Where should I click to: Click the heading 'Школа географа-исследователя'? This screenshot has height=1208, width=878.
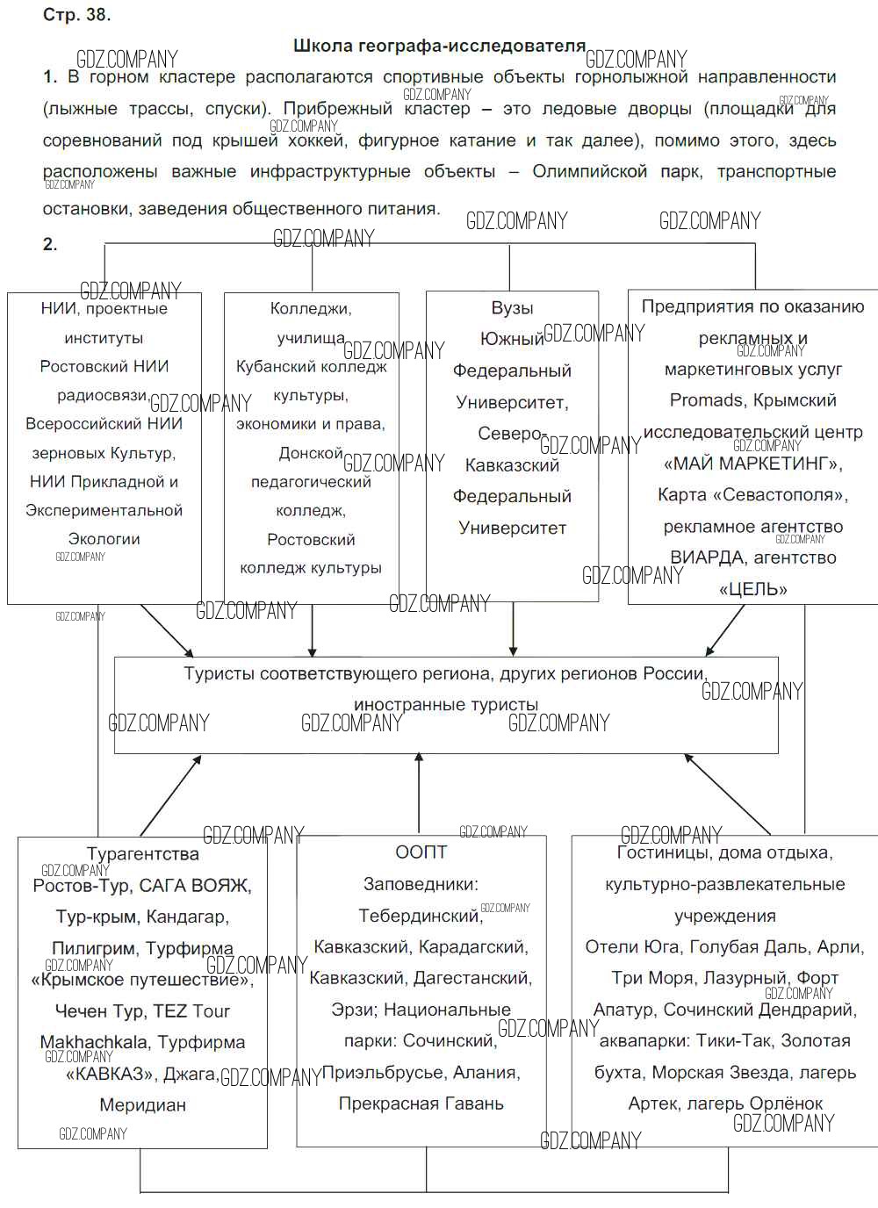click(439, 46)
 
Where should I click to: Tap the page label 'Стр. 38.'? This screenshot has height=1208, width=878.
click(76, 15)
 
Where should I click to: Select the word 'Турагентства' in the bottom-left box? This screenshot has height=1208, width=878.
click(142, 853)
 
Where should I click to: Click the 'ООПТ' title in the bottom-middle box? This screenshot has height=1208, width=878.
click(421, 852)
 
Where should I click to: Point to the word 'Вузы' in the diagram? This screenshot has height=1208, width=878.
click(512, 308)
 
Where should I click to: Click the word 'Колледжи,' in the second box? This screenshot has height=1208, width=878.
click(311, 308)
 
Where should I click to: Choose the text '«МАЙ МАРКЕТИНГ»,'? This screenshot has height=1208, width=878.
click(752, 464)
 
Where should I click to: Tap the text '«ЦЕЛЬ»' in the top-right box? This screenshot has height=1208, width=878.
click(752, 589)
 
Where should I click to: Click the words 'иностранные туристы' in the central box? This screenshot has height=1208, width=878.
click(446, 704)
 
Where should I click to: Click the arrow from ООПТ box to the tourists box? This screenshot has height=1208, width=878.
click(419, 792)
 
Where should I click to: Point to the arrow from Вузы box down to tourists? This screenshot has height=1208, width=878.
click(513, 629)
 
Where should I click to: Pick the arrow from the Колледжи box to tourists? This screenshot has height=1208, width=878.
click(312, 629)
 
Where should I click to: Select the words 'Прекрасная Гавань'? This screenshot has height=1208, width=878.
click(421, 1104)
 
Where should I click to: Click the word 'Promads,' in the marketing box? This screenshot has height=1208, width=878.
click(706, 400)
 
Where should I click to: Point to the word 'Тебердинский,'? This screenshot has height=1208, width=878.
click(421, 916)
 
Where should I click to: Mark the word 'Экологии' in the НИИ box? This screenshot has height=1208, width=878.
click(104, 539)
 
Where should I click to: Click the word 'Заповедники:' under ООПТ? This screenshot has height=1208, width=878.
click(421, 884)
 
